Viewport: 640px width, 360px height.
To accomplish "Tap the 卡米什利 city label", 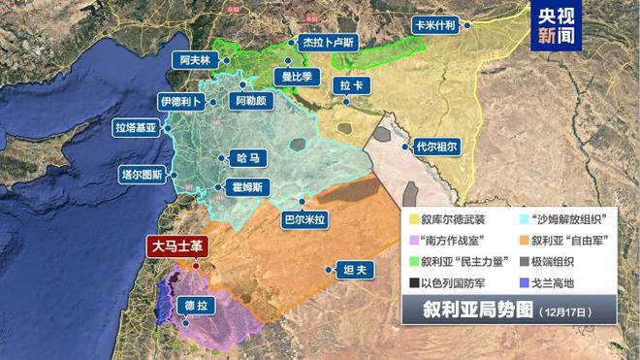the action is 433,26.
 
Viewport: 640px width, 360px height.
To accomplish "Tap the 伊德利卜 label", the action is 182,101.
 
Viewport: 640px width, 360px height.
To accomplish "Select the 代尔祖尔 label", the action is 434,147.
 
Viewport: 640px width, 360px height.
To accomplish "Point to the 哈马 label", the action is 248,157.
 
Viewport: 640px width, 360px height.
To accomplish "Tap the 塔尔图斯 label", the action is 142,175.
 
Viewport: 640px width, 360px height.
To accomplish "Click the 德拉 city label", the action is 197,306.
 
